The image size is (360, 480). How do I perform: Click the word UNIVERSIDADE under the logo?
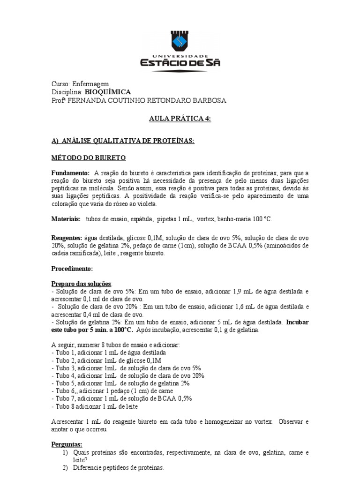coord(180,56)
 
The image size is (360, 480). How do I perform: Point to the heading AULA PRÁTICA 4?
coord(180,120)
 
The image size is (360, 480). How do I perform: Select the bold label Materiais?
coord(66,219)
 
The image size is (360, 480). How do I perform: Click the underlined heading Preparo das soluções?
coord(82,284)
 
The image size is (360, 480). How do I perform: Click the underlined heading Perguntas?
coord(67,444)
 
